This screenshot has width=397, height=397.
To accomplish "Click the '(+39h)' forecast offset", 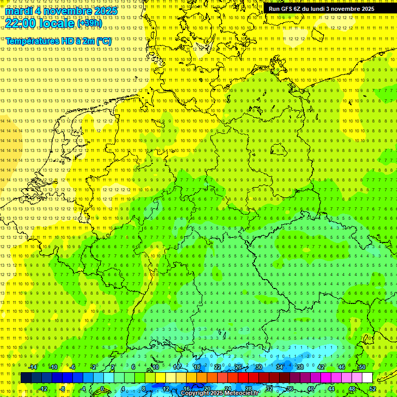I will tap(89, 23).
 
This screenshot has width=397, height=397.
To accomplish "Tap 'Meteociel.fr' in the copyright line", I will tap(238, 393).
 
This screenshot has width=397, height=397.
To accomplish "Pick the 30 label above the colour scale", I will tap(258, 367).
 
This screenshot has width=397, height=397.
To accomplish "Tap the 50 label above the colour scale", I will tap(362, 367).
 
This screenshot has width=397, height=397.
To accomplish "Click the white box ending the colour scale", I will tap(367, 378).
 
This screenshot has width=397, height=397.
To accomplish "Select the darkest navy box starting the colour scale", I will tap(26, 378).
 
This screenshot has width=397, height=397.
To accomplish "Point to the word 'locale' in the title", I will tap(56, 23).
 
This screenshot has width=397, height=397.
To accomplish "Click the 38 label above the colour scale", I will tap(300, 367).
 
